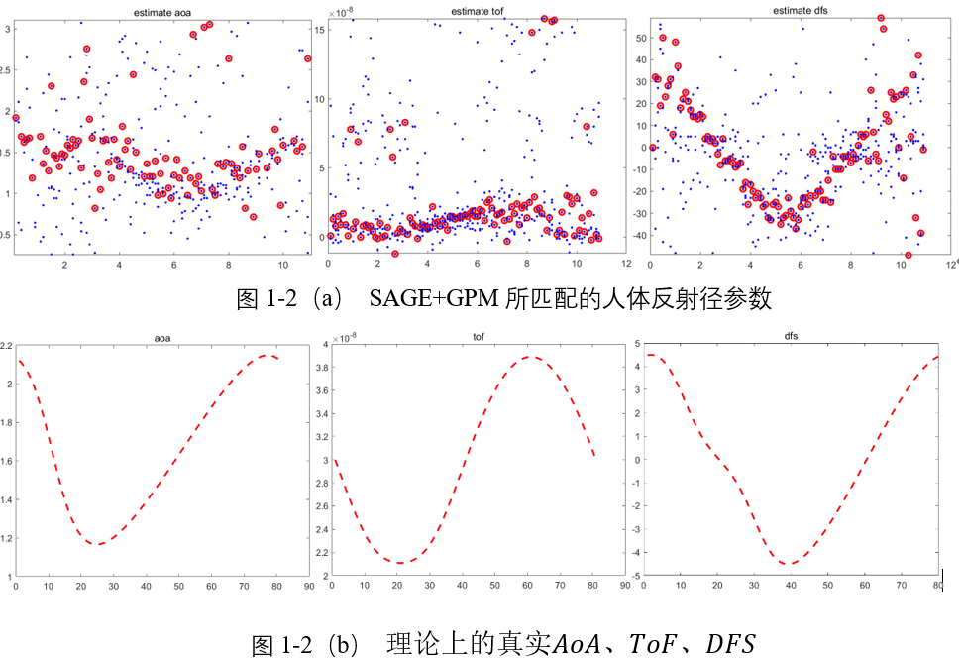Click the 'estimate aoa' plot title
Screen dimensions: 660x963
pos(161,12)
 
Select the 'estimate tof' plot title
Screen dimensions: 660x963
pos(479,12)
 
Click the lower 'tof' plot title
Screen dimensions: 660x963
pos(479,338)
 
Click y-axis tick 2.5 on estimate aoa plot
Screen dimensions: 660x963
pos(7,70)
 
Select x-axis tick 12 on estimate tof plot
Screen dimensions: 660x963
pos(625,265)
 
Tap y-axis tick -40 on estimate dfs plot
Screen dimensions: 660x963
pos(638,237)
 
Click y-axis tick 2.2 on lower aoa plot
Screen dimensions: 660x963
pos(7,346)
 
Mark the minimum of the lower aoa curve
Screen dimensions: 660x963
pos(98,544)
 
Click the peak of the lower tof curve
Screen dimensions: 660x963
pos(531,357)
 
